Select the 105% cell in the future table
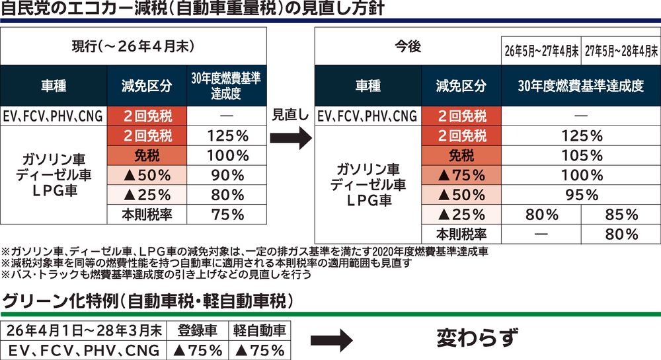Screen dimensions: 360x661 (581, 156)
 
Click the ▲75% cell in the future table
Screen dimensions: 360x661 (461, 176)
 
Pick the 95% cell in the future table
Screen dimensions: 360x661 (581, 195)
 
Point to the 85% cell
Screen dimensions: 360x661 (621, 214)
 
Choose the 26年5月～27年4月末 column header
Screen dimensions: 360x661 (541, 50)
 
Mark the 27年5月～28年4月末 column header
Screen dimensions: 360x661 (621, 50)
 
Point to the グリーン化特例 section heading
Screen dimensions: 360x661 (149, 303)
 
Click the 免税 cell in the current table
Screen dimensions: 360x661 (147, 156)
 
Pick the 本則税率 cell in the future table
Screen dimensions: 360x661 (461, 233)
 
